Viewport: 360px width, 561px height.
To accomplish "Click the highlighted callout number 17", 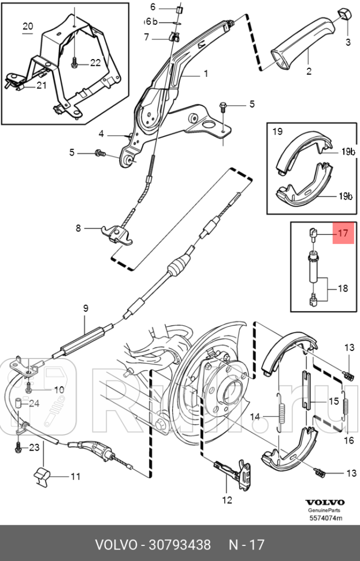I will click(343, 234).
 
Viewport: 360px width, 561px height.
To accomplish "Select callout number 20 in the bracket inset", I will click(28, 27).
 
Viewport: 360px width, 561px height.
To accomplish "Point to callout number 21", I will click(41, 86).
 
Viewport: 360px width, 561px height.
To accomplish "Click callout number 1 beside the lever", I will click(205, 74).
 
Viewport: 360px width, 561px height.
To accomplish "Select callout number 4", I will click(101, 134).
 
